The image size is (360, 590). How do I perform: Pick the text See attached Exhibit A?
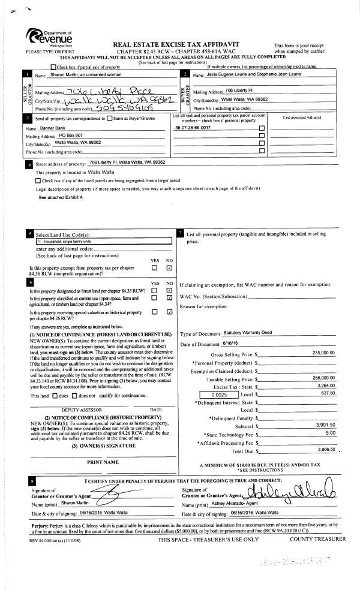61,197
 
